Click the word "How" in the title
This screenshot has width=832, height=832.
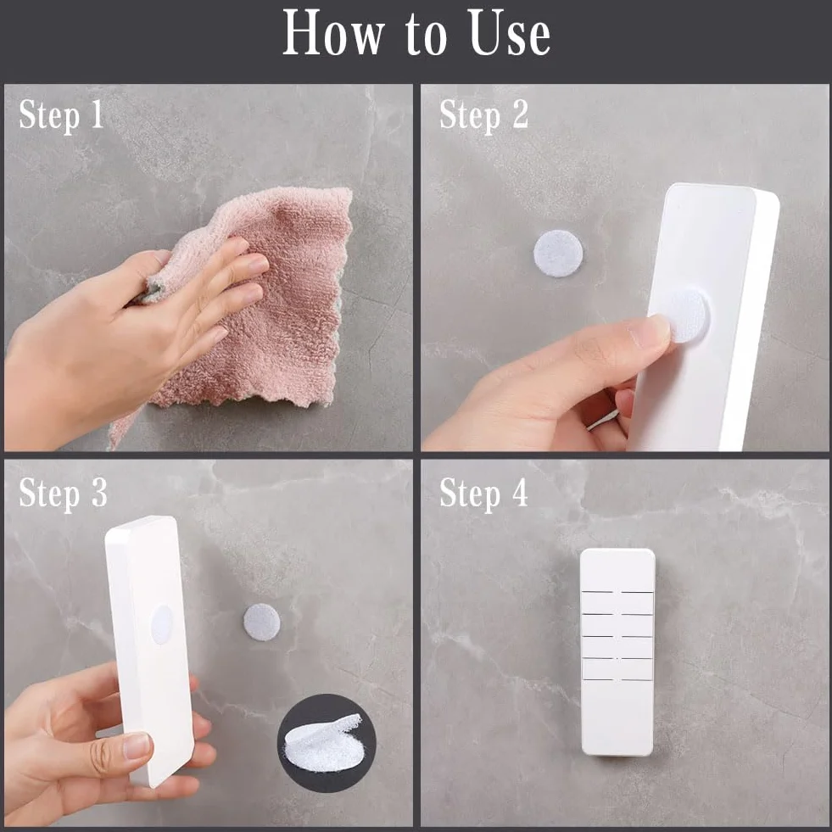(333, 33)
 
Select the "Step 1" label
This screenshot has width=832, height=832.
(61, 114)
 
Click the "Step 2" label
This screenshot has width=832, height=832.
(484, 114)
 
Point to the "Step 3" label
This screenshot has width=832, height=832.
(63, 493)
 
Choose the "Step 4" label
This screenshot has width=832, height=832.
(484, 493)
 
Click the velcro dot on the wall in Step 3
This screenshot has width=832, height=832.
(261, 622)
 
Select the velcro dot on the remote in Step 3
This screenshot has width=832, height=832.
(162, 624)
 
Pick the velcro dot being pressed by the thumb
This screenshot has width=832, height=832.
(688, 316)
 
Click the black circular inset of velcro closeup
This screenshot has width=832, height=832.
(327, 743)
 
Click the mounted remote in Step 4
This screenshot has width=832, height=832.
(617, 651)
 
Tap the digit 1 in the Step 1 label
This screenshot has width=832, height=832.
(97, 114)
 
